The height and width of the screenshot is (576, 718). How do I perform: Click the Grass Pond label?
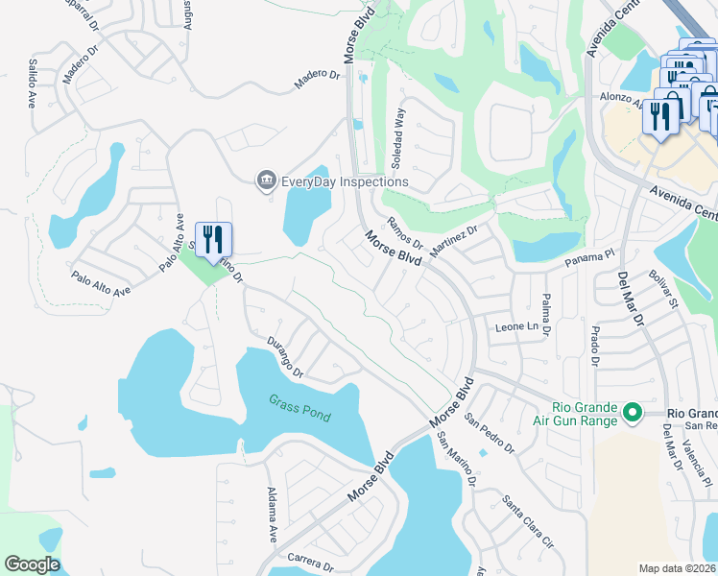299,408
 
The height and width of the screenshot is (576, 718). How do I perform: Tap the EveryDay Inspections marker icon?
265,180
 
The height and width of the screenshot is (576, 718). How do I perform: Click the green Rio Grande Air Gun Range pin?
632,414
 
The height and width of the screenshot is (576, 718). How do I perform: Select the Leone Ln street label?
515,327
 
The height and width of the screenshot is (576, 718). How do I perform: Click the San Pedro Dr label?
490,434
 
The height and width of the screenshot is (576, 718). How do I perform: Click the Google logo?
32,564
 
